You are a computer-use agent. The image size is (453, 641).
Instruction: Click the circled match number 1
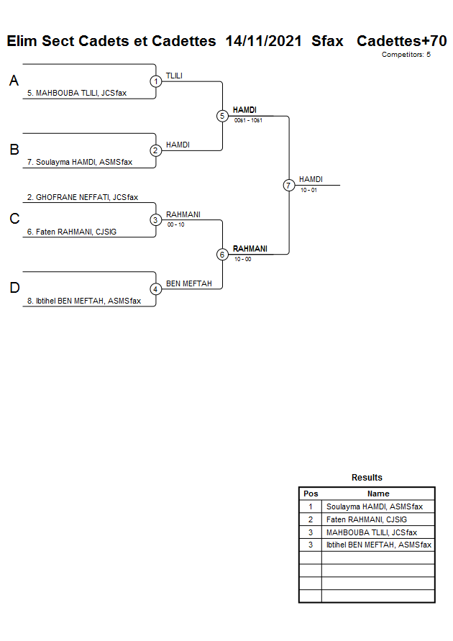click(156, 81)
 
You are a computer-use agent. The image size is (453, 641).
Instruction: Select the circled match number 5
click(222, 116)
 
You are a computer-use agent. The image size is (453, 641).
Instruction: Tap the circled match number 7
click(288, 185)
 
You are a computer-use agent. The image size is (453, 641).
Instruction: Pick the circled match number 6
click(222, 254)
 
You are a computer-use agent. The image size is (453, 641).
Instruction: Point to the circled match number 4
click(156, 288)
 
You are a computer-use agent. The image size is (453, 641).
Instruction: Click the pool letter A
click(14, 81)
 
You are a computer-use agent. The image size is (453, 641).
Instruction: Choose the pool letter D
click(14, 288)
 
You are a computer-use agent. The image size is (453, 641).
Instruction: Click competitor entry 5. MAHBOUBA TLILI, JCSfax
click(77, 93)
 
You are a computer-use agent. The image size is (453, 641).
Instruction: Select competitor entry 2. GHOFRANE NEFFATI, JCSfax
click(83, 197)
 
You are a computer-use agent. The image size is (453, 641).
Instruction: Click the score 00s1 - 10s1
click(248, 121)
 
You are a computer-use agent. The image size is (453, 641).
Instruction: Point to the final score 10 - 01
click(309, 190)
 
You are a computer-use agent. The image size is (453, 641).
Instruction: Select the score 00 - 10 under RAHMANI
click(175, 224)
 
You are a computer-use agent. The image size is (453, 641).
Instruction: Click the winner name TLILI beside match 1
click(175, 75)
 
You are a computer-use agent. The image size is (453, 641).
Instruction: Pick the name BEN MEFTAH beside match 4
click(188, 283)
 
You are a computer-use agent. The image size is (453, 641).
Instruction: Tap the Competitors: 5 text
click(406, 55)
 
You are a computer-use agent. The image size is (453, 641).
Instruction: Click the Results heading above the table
click(367, 478)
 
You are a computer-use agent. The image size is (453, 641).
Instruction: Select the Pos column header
click(311, 494)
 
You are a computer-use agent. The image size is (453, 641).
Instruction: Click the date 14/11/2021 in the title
click(263, 41)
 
